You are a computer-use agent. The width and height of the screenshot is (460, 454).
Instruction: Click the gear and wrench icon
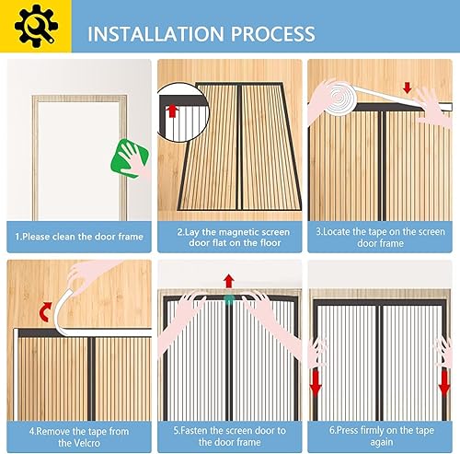(36, 26)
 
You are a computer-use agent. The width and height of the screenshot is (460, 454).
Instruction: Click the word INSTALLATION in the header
(155, 34)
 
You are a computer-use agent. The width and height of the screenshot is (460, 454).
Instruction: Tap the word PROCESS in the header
(273, 34)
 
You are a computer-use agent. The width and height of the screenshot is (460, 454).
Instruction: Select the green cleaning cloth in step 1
(131, 158)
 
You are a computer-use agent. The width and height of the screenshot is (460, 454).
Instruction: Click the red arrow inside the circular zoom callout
(172, 111)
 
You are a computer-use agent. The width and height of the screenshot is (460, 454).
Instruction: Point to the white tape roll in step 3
(339, 98)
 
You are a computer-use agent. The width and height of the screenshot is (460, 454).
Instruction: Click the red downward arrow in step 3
(408, 87)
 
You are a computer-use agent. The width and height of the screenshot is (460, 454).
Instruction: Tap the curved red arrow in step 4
(46, 311)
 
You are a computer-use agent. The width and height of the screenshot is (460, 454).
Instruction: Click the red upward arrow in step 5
(229, 282)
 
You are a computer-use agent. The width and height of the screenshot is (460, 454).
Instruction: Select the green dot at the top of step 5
(229, 300)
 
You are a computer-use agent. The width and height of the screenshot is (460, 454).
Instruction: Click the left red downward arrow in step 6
(316, 384)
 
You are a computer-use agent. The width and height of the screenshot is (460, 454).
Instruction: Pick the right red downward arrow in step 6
(444, 384)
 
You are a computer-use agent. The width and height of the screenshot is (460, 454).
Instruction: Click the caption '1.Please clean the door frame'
(79, 237)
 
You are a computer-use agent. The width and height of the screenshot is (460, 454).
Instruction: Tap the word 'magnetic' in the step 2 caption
(236, 232)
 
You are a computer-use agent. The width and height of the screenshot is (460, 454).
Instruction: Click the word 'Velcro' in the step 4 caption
(79, 443)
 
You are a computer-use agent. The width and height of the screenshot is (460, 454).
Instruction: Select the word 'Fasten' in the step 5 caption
(192, 431)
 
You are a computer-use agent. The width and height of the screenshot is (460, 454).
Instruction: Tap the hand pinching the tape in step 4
(89, 274)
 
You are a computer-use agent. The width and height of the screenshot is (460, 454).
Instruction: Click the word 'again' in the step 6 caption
(382, 442)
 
